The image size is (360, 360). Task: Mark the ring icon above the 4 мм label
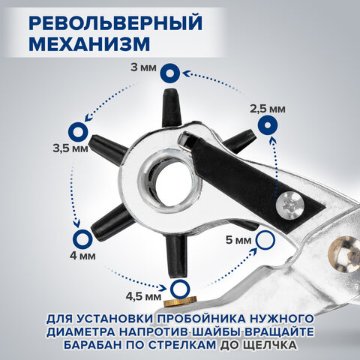coord(80,238)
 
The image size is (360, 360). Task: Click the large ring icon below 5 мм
coord(265,240)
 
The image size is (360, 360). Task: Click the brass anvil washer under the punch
coord(180,301)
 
